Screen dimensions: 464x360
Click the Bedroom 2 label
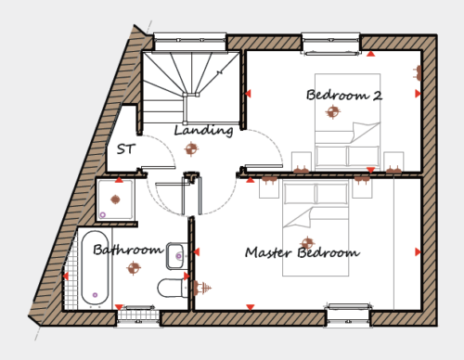344,95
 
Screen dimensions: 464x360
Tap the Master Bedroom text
303,252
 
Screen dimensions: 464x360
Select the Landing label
203,131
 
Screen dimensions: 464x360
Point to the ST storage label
126,149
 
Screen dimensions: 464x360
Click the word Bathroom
128,250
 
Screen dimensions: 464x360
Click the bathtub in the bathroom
95,268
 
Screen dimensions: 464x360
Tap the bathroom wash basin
177,256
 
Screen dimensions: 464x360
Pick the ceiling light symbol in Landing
191,149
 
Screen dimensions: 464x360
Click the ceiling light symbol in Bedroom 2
333,111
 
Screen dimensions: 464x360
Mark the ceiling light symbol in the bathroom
134,268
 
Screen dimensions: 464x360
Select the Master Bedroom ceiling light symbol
307,243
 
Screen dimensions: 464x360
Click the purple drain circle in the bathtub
95,295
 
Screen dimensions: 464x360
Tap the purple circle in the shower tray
103,214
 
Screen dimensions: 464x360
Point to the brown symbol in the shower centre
115,199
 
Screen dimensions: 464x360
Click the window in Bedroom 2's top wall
330,44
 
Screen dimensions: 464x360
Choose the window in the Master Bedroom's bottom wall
348,315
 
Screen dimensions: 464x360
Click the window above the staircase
190,41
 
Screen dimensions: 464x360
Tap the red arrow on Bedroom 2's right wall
418,94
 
